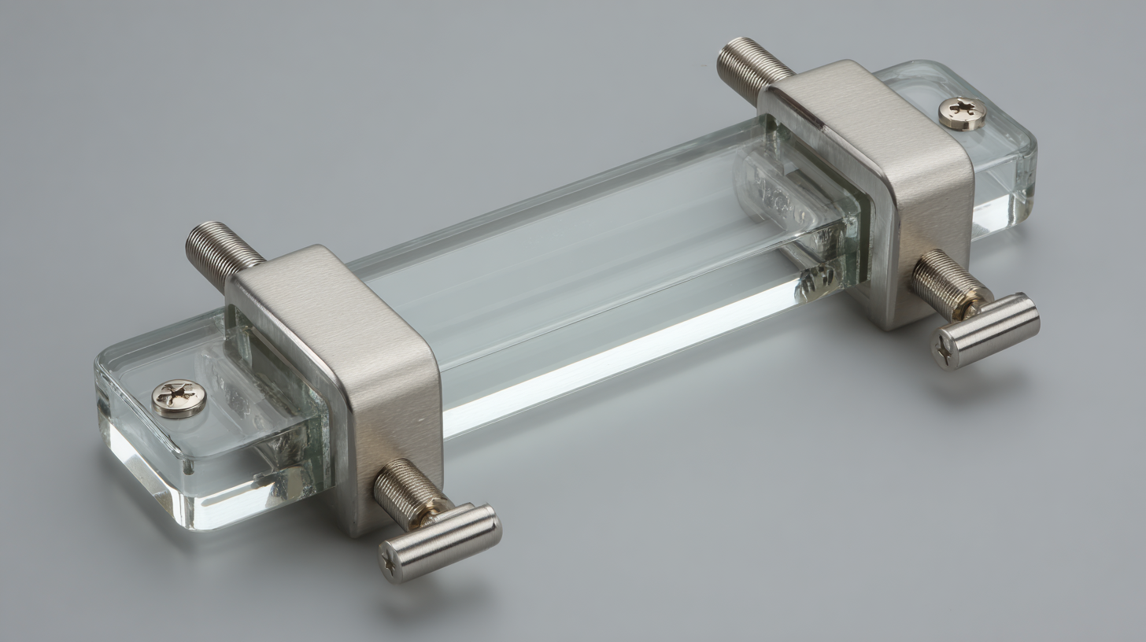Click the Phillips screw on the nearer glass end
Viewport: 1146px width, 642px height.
(x=179, y=398)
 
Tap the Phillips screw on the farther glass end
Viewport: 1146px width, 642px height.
(x=962, y=113)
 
